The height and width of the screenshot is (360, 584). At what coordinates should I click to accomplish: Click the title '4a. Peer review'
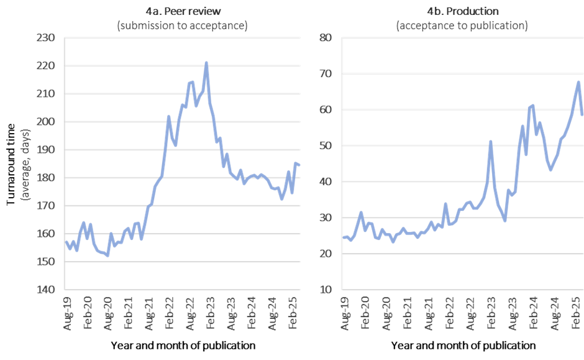tap(182, 11)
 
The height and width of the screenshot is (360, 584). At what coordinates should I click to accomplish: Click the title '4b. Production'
tap(462, 11)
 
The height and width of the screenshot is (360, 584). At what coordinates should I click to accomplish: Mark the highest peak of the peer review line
tap(206, 62)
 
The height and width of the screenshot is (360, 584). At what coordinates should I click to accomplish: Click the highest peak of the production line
tap(578, 81)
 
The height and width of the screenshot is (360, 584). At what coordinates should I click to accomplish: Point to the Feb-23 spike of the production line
tap(491, 142)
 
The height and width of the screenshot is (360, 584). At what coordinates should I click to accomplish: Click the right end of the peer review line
tap(300, 164)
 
